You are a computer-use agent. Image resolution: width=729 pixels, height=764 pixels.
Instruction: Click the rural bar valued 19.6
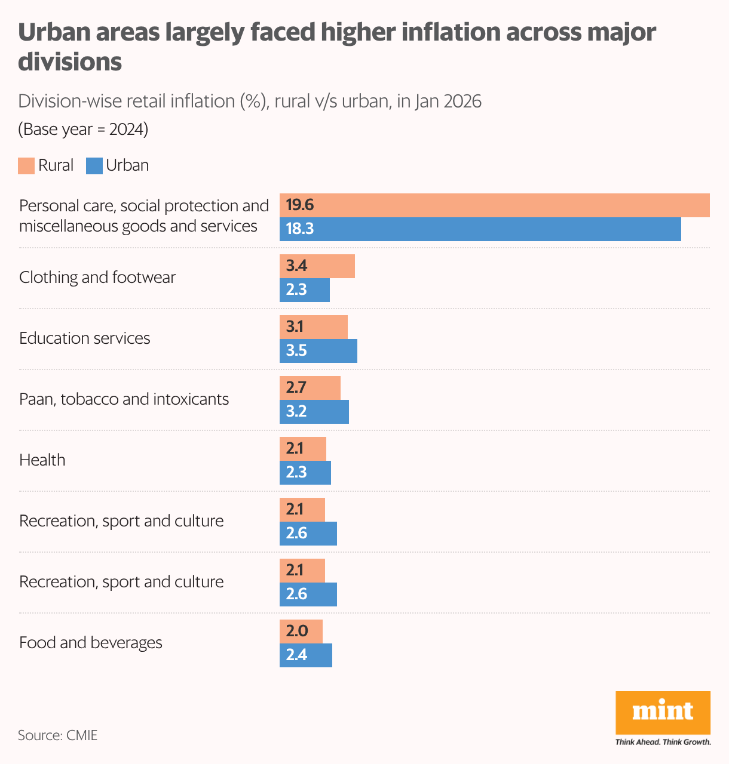click(x=494, y=205)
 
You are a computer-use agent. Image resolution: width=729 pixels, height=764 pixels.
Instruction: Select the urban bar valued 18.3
click(x=480, y=229)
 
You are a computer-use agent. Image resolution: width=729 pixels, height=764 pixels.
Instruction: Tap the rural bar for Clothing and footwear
click(x=317, y=266)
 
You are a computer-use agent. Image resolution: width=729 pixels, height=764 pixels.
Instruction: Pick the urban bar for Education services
click(x=318, y=351)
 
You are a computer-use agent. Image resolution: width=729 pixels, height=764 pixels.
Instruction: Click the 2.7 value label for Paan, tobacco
click(x=296, y=388)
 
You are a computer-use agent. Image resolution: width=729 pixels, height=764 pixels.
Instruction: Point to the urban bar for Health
click(x=305, y=473)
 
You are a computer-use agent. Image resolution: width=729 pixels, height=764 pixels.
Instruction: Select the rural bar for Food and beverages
click(x=301, y=631)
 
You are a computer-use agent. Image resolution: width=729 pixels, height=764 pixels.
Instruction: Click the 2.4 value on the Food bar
click(x=296, y=655)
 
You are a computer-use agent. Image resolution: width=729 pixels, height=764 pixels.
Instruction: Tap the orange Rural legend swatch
click(x=26, y=166)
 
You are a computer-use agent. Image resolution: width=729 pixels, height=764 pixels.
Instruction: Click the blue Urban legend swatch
click(x=94, y=166)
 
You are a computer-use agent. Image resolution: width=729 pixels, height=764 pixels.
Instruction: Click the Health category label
click(x=42, y=460)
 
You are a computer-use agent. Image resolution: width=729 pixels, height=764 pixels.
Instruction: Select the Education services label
click(x=85, y=338)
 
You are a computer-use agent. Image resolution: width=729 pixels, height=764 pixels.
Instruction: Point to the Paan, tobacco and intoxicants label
click(x=124, y=399)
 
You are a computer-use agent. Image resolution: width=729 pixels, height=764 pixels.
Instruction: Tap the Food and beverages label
click(x=91, y=643)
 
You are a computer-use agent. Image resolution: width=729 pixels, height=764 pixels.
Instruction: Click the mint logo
click(x=663, y=712)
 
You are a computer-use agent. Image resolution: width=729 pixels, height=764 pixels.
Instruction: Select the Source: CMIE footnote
click(x=57, y=735)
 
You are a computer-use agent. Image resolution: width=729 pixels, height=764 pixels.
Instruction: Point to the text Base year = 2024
click(x=83, y=130)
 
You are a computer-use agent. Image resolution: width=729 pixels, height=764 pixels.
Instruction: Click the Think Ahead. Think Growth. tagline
click(x=663, y=742)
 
